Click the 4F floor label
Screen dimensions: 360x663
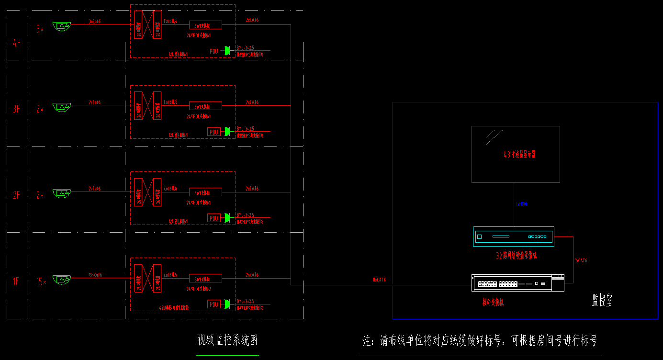click(x=17, y=43)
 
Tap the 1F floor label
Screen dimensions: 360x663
click(x=16, y=281)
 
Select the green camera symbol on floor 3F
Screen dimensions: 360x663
click(x=62, y=107)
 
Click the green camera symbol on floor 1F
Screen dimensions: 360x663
click(x=62, y=279)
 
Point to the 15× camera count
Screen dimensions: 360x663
click(x=42, y=282)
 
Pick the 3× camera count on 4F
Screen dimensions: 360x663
click(x=40, y=30)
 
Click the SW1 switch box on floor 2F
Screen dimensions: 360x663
click(x=205, y=192)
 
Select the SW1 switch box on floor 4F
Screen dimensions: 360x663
click(x=205, y=25)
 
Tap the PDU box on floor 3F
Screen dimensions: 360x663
click(x=214, y=132)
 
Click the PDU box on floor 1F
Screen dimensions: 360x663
click(x=214, y=304)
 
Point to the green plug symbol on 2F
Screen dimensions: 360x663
click(x=227, y=218)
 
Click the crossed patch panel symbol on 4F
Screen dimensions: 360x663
click(x=147, y=24)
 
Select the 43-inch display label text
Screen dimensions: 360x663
click(x=519, y=155)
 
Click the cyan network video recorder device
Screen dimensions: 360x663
click(x=514, y=236)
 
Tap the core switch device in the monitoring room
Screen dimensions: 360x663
click(x=517, y=283)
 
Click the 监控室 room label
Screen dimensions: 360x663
click(x=602, y=301)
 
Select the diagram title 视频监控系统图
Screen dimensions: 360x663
click(x=228, y=340)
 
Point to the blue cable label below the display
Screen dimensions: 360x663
click(x=522, y=204)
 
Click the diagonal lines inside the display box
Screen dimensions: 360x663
click(x=494, y=137)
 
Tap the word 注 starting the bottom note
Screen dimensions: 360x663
click(x=367, y=341)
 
